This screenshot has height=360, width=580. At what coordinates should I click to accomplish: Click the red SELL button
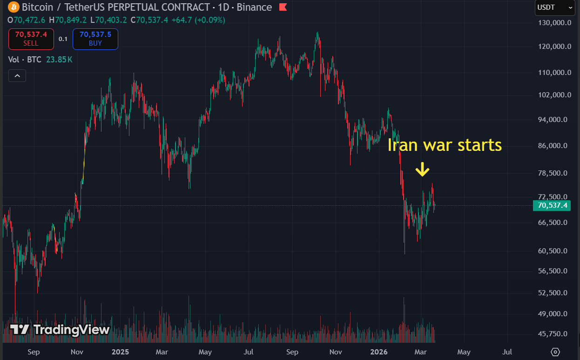(x=31, y=39)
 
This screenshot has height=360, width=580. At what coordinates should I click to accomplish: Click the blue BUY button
(x=95, y=39)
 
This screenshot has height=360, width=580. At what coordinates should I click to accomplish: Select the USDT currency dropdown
(x=554, y=7)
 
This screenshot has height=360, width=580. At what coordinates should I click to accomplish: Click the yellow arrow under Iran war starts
(x=422, y=170)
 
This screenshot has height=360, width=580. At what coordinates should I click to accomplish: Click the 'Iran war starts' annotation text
(x=445, y=145)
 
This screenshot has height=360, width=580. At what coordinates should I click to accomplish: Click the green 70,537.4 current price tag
(x=552, y=205)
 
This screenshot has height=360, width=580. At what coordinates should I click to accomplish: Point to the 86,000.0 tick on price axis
(x=553, y=146)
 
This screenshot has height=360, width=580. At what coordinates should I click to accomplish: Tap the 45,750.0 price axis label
(x=553, y=334)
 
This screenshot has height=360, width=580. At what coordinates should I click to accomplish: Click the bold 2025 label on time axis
(x=120, y=352)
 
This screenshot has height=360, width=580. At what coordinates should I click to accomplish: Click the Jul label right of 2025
(x=249, y=352)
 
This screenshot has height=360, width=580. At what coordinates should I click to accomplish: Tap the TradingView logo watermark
(x=60, y=330)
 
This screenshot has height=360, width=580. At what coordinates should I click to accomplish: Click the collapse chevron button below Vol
(x=17, y=75)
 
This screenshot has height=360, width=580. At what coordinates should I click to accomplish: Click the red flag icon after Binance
(x=283, y=7)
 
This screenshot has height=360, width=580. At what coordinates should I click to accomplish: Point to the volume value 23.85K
(x=59, y=60)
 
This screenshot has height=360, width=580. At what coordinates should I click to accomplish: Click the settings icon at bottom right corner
(x=555, y=352)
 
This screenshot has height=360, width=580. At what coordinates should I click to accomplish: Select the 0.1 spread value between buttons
(x=63, y=39)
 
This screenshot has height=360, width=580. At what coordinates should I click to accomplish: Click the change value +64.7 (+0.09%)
(x=198, y=20)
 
